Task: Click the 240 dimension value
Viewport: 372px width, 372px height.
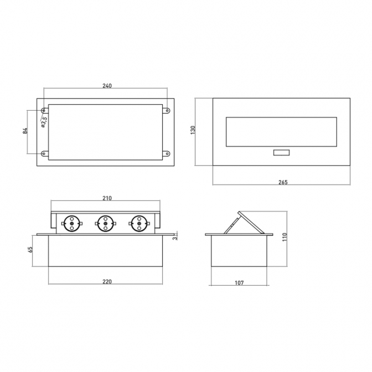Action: tap(107, 86)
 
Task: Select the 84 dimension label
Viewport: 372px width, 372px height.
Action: tap(25, 131)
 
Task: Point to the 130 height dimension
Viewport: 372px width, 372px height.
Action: tap(193, 130)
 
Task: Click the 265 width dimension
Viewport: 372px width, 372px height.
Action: tap(283, 182)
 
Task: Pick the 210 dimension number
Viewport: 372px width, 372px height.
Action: tap(107, 198)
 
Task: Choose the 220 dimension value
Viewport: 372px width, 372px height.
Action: tap(107, 282)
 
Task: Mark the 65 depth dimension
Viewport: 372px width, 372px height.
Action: tap(30, 249)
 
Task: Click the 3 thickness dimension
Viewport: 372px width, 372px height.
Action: tap(175, 238)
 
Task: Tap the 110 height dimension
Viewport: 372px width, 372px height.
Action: tap(285, 237)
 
